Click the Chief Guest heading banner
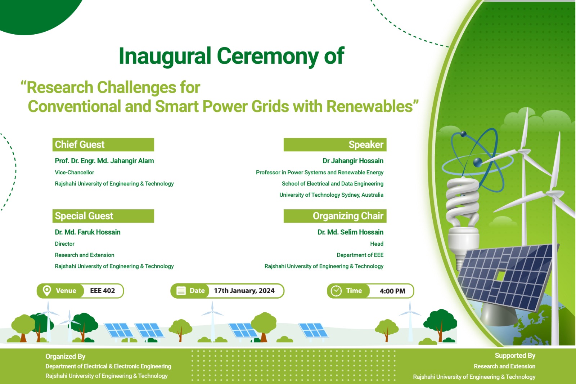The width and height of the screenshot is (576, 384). point(103,145)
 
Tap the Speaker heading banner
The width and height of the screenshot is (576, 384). point(335,145)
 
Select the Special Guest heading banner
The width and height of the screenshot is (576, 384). point(103,216)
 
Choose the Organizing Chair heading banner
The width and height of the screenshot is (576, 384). point(335,216)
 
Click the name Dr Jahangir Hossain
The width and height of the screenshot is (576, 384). point(353,161)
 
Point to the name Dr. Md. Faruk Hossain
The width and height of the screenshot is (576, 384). point(87,232)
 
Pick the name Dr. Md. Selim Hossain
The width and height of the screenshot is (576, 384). point(350,232)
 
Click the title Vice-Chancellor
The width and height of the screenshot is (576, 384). point(74,173)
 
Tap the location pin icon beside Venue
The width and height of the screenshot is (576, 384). point(47,291)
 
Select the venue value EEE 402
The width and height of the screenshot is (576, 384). point(102,291)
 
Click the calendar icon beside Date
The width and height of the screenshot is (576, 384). point(181,291)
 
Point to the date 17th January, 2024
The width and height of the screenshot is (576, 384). point(244,291)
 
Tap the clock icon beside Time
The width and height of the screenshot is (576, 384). point(336,291)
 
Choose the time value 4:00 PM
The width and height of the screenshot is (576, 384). point(392,291)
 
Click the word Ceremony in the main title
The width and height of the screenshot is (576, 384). point(267,56)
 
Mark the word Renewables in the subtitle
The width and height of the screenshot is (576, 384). point(369,107)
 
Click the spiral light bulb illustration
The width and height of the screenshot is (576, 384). point(462,221)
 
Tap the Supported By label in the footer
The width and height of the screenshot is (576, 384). point(515,356)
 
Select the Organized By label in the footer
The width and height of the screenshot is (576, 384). point(65,357)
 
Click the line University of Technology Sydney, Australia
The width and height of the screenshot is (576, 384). point(331,195)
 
